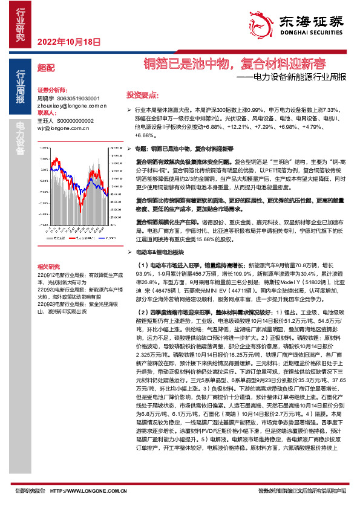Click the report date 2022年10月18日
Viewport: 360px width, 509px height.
coord(68,42)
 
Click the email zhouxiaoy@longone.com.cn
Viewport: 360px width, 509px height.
coord(72,105)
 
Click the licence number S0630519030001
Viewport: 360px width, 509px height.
coord(78,98)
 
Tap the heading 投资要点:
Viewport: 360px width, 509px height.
coord(142,96)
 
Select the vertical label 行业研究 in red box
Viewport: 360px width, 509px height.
coord(20,25)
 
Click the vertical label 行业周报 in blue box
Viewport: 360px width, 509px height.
coord(20,85)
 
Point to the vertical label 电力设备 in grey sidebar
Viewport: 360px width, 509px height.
coord(20,138)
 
